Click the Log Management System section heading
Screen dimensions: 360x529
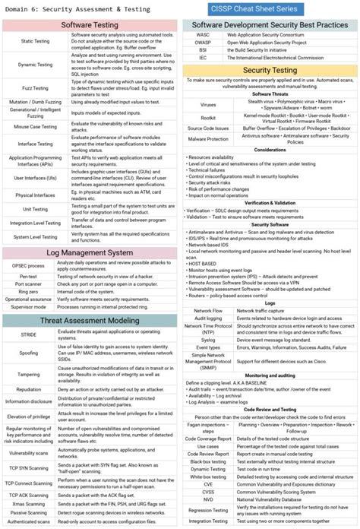pyautogui.click(x=90, y=252)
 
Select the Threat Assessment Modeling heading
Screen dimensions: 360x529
pyautogui.click(x=90, y=321)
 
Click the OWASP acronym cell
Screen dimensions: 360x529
pyautogui.click(x=203, y=42)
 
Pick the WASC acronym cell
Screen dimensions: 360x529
pyautogui.click(x=203, y=34)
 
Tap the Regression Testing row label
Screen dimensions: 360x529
pyautogui.click(x=208, y=510)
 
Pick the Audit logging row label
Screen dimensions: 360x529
pyautogui.click(x=208, y=318)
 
